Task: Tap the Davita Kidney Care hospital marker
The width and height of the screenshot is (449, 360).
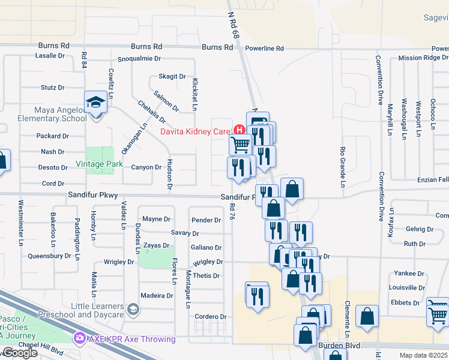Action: pos(240,130)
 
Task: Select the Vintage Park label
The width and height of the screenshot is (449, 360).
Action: pos(99,164)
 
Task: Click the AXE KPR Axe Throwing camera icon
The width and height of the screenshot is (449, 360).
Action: pos(79,339)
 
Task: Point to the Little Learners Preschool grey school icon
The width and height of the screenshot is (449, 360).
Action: pos(133,310)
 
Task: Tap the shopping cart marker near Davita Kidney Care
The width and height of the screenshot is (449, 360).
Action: pos(240,144)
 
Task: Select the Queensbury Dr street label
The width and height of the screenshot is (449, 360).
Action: pos(49,256)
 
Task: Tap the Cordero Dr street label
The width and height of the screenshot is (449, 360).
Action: pos(209,317)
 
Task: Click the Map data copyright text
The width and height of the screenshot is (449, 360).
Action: pos(424,355)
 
